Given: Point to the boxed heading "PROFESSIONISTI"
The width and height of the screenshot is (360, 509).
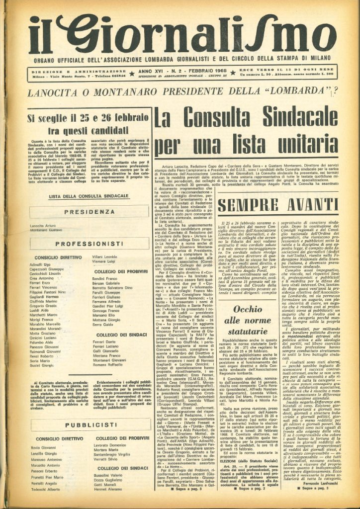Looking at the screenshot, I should coord(88,244).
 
